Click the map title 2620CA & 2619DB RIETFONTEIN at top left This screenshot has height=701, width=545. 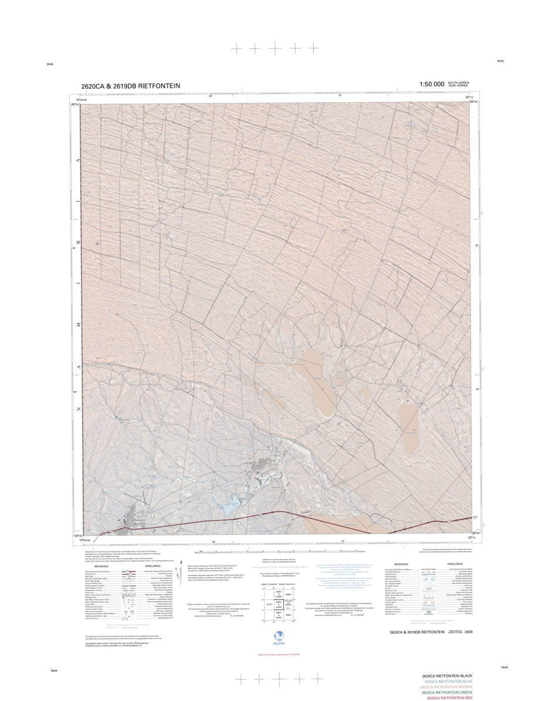pyautogui.click(x=131, y=86)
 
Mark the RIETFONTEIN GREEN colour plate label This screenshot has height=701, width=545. pyautogui.click(x=450, y=693)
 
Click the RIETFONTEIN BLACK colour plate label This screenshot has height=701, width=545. pyautogui.click(x=450, y=676)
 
